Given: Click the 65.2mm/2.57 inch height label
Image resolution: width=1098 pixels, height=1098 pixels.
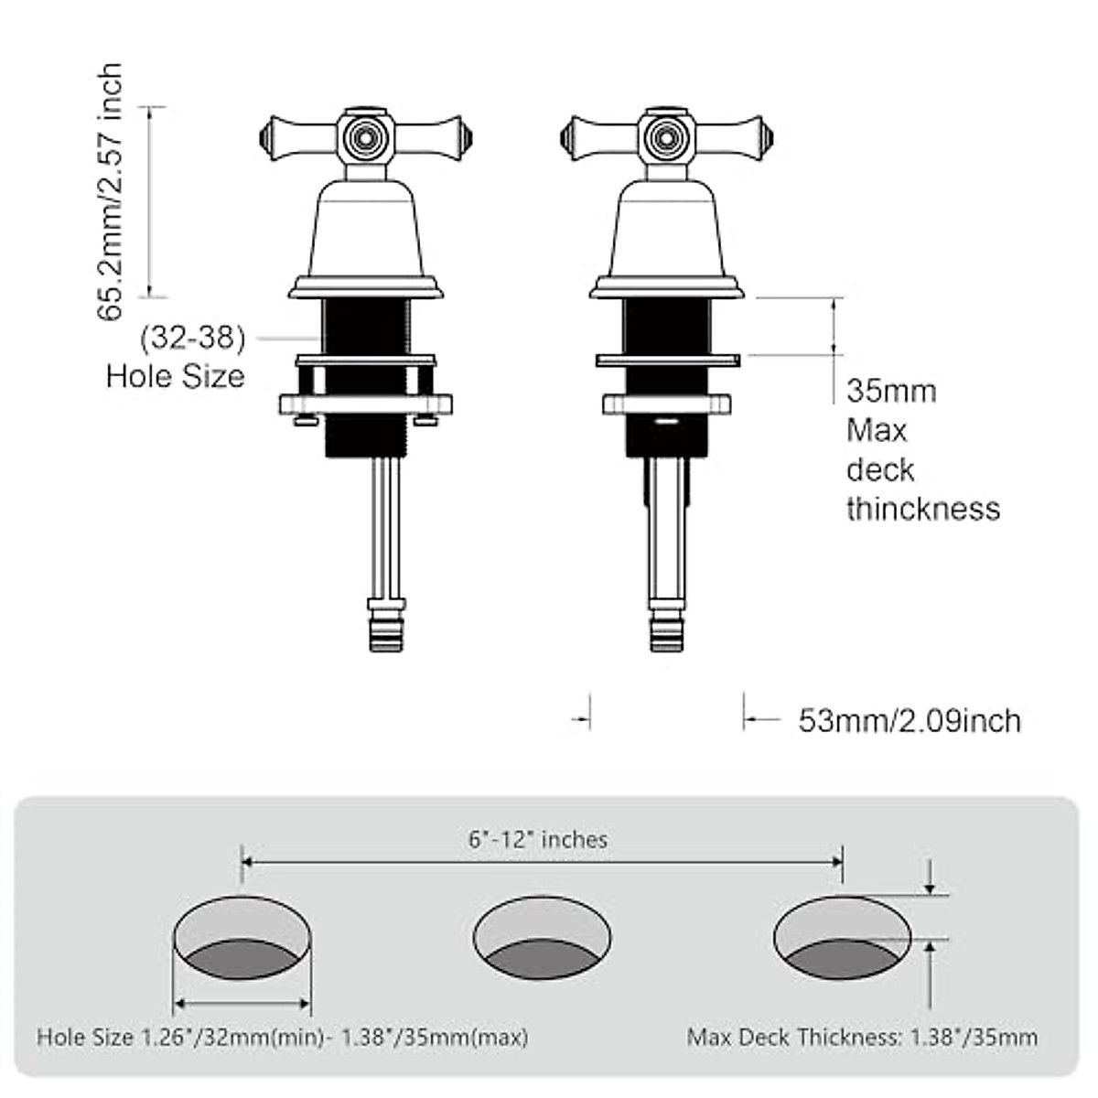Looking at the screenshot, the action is [x=110, y=192].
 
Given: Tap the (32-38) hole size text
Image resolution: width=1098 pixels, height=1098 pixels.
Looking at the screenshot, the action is [x=193, y=339].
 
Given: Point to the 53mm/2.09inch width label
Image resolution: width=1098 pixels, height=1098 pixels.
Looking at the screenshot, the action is [x=910, y=721].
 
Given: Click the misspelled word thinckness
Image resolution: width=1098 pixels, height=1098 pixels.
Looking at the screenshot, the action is [x=922, y=509].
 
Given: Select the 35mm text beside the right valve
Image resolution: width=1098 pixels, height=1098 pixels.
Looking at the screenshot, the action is [x=891, y=392].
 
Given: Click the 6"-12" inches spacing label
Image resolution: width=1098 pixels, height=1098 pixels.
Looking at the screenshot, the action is [x=538, y=839].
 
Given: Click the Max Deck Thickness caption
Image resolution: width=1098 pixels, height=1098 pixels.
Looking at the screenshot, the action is [x=862, y=1038].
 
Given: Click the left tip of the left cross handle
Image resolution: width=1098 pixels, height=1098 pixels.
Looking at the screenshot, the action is [x=264, y=137].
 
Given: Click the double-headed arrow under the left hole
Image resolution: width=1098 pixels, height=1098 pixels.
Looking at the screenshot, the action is [x=242, y=1005].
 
